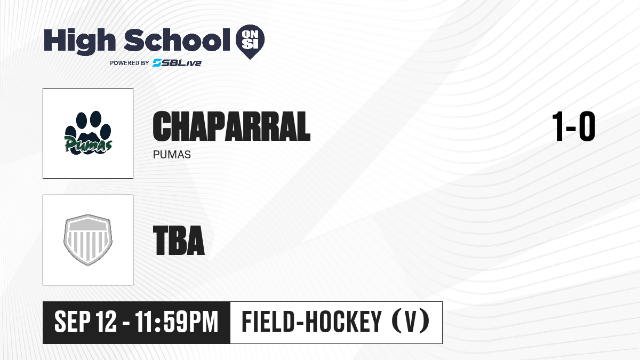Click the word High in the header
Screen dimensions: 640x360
(x=79, y=42)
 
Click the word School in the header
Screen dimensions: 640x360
(x=177, y=40)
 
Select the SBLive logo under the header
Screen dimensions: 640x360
(x=177, y=63)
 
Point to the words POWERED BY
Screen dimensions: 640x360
(x=130, y=63)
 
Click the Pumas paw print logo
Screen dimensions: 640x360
(x=87, y=133)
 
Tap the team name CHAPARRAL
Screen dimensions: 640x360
(x=231, y=126)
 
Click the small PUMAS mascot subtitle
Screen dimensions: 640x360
(x=172, y=155)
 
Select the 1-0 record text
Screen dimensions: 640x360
(x=574, y=126)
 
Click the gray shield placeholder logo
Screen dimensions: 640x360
(x=87, y=239)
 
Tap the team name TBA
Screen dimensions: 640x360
(x=179, y=240)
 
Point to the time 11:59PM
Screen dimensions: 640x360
(x=177, y=322)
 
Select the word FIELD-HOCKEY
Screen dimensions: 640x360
(x=311, y=322)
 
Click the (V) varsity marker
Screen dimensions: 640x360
(x=411, y=322)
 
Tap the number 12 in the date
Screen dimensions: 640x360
(x=106, y=322)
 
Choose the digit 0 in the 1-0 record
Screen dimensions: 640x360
(x=587, y=126)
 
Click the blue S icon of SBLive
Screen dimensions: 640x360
(x=157, y=63)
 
